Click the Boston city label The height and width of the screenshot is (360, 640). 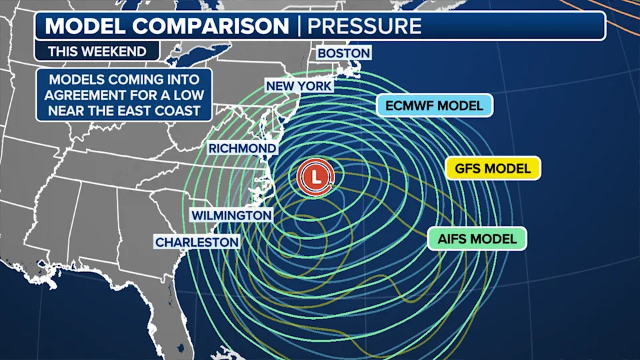pyautogui.click(x=343, y=53)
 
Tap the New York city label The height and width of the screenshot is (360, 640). pyautogui.click(x=299, y=86)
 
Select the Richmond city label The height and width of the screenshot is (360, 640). pyautogui.click(x=242, y=147)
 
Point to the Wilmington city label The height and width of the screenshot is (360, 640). pyautogui.click(x=231, y=215)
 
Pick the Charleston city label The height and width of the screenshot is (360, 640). pyautogui.click(x=197, y=241)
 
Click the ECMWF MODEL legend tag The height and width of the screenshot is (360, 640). pyautogui.click(x=434, y=105)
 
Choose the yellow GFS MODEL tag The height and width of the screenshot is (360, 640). pyautogui.click(x=493, y=168)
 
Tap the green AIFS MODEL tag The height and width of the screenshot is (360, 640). pyautogui.click(x=477, y=239)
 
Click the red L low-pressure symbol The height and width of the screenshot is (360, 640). pyautogui.click(x=315, y=177)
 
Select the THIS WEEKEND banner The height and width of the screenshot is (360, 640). pyautogui.click(x=97, y=51)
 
